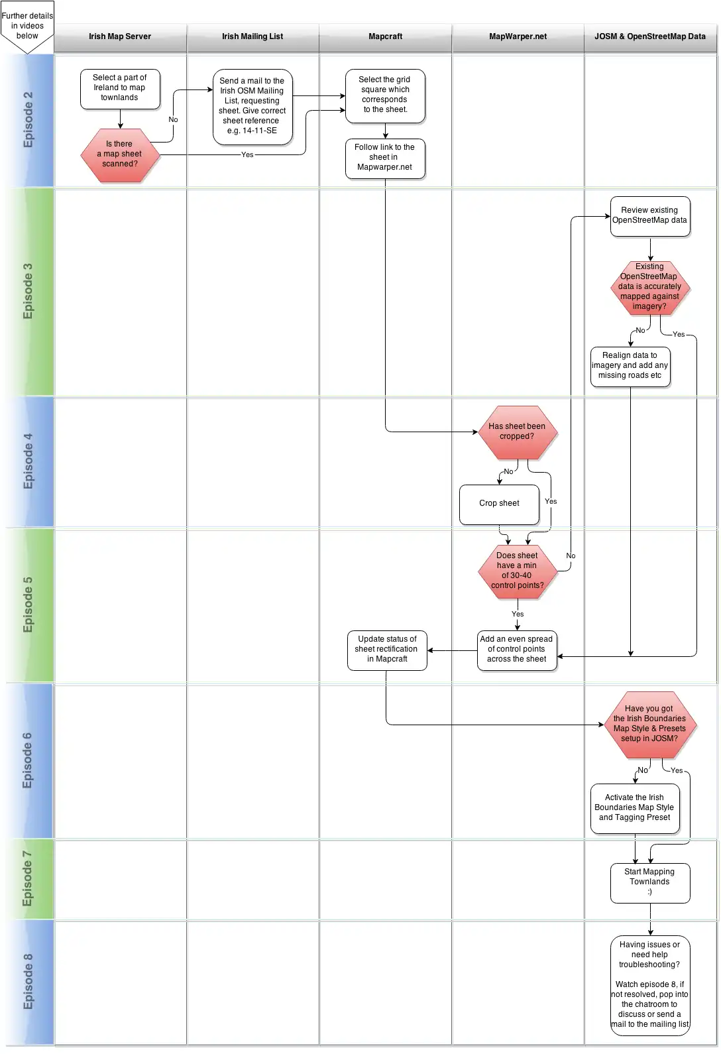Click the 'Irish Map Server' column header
pyautogui.click(x=120, y=37)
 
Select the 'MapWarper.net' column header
pyautogui.click(x=518, y=37)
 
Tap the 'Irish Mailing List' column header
pyautogui.click(x=252, y=37)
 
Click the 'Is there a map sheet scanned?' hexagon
pyautogui.click(x=120, y=154)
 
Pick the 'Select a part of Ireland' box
pyautogui.click(x=120, y=88)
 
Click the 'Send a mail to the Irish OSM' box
pyautogui.click(x=252, y=106)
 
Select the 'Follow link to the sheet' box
pyautogui.click(x=385, y=158)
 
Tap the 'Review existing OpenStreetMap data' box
pyautogui.click(x=650, y=215)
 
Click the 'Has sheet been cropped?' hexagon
pyautogui.click(x=518, y=432)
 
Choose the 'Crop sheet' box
pyautogui.click(x=499, y=504)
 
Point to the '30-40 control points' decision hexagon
pyautogui.click(x=518, y=571)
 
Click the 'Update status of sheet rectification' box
pyautogui.click(x=387, y=650)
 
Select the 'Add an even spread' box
pyautogui.click(x=517, y=650)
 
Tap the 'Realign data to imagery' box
pyautogui.click(x=630, y=366)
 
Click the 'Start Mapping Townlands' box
pyautogui.click(x=650, y=882)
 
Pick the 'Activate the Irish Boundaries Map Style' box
pyautogui.click(x=634, y=808)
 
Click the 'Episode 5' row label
pyautogui.click(x=28, y=605)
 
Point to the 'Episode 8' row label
pyautogui.click(x=28, y=981)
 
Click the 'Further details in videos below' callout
pyautogui.click(x=27, y=27)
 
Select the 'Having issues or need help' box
pyautogui.click(x=650, y=984)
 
